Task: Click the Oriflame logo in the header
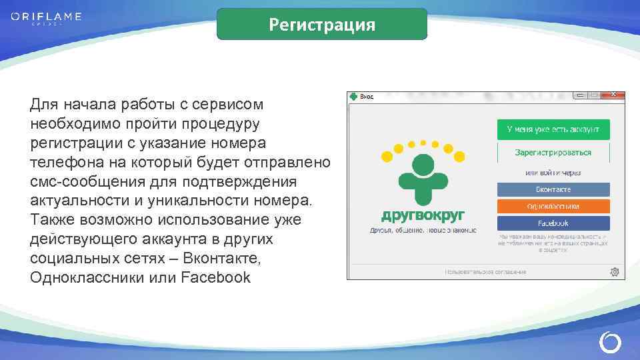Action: pos(46,17)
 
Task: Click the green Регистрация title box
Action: pos(322,25)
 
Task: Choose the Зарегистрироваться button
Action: pos(553,152)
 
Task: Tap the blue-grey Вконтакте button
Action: pos(553,189)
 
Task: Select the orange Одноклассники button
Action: pos(553,206)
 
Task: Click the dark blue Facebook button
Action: pos(553,223)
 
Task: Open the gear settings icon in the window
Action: pos(614,272)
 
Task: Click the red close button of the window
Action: pos(613,95)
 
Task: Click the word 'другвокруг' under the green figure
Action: pos(423,215)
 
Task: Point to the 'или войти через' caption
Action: pos(553,173)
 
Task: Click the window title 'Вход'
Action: pos(367,97)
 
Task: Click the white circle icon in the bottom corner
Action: pos(609,343)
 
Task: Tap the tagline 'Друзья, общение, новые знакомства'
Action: pos(423,230)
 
